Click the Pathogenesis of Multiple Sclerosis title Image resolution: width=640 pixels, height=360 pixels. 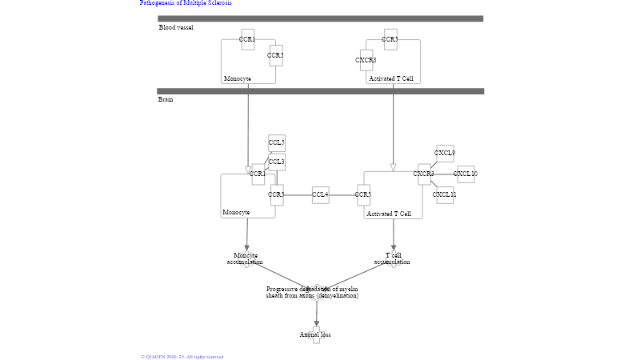186,3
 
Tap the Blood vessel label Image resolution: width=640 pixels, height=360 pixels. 176,28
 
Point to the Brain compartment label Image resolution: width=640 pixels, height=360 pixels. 166,100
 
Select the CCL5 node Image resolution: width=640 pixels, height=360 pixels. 277,143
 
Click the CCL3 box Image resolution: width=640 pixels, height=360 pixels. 277,162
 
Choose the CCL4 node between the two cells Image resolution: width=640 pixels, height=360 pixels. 320,194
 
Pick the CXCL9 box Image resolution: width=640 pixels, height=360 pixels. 445,154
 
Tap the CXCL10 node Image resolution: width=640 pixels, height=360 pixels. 466,174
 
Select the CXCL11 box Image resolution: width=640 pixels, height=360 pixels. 445,194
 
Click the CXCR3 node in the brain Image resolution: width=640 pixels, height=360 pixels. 424,174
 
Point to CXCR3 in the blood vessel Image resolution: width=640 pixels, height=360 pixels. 366,60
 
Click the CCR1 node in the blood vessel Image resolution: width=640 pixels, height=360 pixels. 248,39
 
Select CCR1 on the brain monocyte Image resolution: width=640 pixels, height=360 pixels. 258,174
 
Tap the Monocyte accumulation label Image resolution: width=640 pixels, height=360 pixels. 246,258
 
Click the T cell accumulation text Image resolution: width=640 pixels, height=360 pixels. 393,258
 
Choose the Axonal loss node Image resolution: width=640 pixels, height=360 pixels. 316,334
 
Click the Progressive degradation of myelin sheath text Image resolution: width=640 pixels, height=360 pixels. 313,292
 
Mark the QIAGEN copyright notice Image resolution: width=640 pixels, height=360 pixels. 182,357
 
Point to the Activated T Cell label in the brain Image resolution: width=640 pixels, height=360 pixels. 390,214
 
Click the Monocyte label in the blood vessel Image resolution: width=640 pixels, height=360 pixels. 238,79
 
